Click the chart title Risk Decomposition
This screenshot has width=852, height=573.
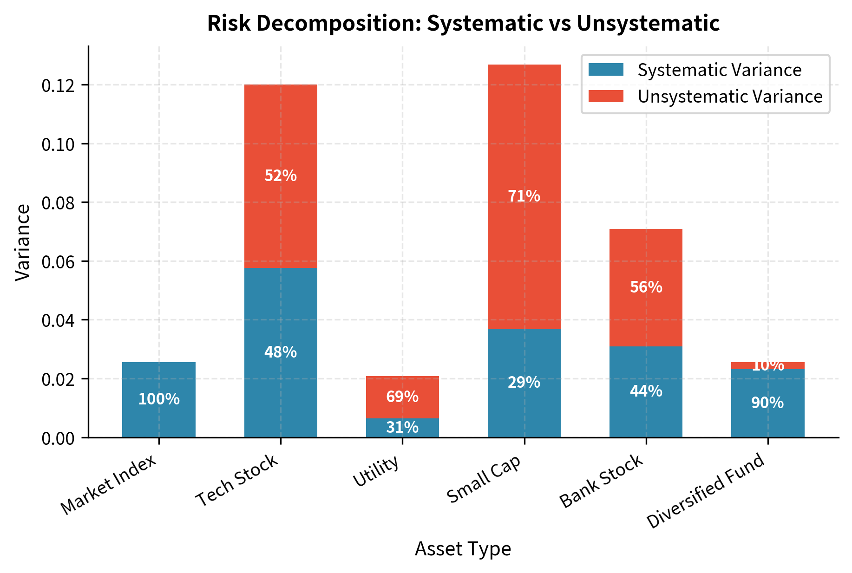[463, 23]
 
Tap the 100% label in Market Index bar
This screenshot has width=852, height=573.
[159, 399]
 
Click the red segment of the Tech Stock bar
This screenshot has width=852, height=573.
[281, 139]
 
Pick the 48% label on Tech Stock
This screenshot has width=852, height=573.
[281, 352]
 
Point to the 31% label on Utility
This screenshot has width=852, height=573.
[402, 427]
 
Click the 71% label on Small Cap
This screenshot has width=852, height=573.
[524, 196]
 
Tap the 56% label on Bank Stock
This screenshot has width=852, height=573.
[646, 287]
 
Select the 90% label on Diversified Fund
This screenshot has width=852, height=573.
[767, 403]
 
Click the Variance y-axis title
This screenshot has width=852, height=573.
[22, 242]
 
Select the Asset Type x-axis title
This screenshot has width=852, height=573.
[463, 549]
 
